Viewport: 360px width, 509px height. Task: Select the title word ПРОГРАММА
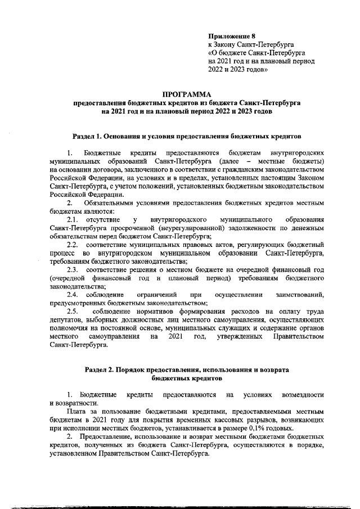(x=186, y=94)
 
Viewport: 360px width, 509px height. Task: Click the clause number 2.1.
(x=73, y=219)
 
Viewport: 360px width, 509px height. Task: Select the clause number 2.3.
(x=73, y=270)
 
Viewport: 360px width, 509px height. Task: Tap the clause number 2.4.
(x=73, y=295)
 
